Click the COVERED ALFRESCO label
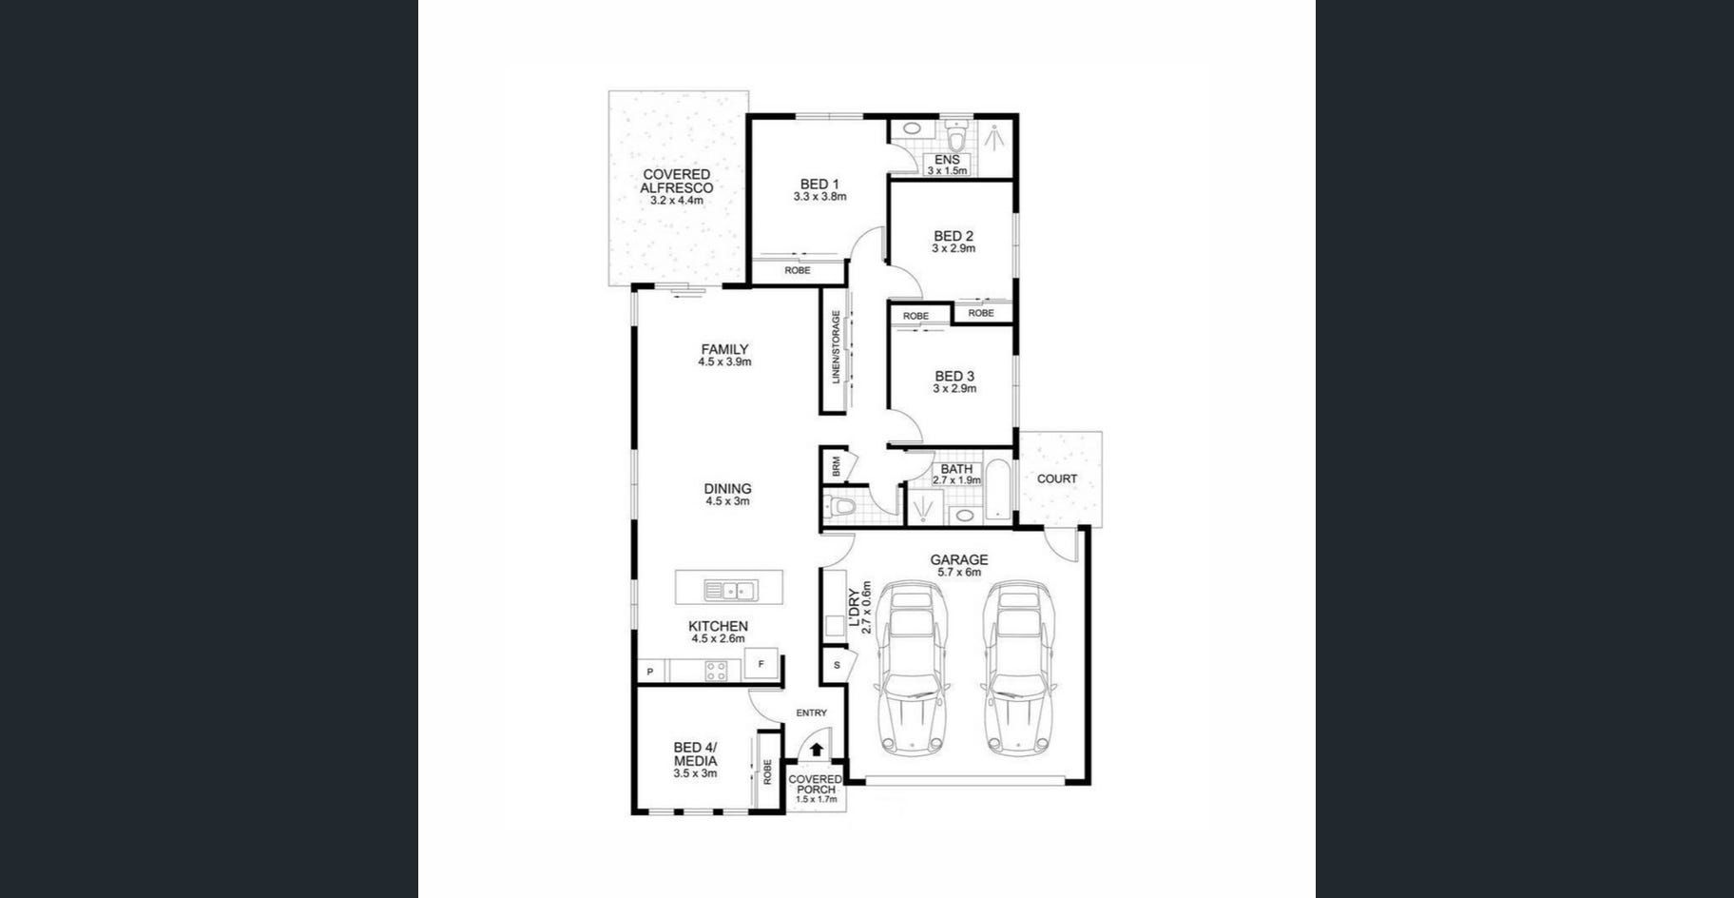pyautogui.click(x=676, y=182)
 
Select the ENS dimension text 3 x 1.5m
pyautogui.click(x=947, y=171)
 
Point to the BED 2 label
pyautogui.click(x=954, y=236)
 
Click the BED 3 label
pyautogui.click(x=954, y=377)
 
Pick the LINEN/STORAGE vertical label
pyautogui.click(x=837, y=347)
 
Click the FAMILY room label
pyautogui.click(x=724, y=349)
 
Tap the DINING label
pyautogui.click(x=728, y=489)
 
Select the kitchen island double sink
pyautogui.click(x=729, y=591)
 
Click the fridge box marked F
pyautogui.click(x=761, y=664)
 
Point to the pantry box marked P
pyautogui.click(x=650, y=672)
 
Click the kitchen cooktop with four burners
pyautogui.click(x=716, y=671)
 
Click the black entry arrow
pyautogui.click(x=816, y=750)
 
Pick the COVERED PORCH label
pyautogui.click(x=816, y=785)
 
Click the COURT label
pyautogui.click(x=1057, y=479)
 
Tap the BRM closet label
pyautogui.click(x=837, y=466)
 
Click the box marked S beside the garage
pyautogui.click(x=837, y=665)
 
